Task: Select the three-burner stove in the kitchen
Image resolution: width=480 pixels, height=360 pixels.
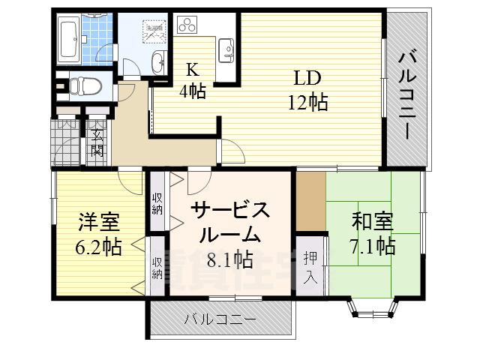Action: click(187, 25)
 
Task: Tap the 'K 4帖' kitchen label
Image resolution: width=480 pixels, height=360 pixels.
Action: click(193, 81)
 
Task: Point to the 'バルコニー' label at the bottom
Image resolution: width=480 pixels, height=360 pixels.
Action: click(220, 319)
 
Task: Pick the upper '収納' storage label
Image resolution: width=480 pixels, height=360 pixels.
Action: click(157, 203)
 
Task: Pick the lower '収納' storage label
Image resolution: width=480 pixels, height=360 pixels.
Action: click(157, 267)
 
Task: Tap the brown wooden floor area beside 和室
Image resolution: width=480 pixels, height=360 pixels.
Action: click(310, 202)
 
